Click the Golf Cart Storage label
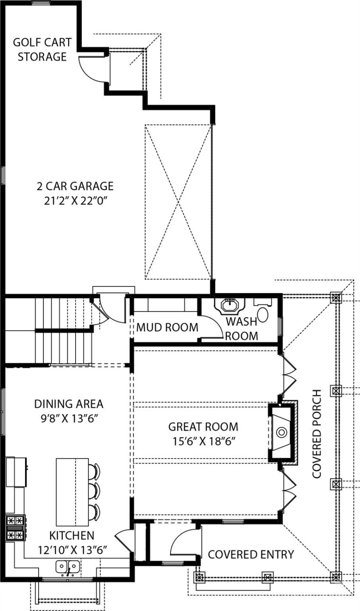pos(42,50)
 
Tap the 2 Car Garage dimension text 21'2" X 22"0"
pos(74,200)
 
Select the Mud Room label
pos(167,328)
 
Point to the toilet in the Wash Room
pos(263,316)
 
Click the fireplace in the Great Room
pos(281,433)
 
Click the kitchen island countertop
pos(72,492)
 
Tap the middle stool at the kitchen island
pos(96,490)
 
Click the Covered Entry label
pos(250,554)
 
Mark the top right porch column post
pos(336,298)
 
